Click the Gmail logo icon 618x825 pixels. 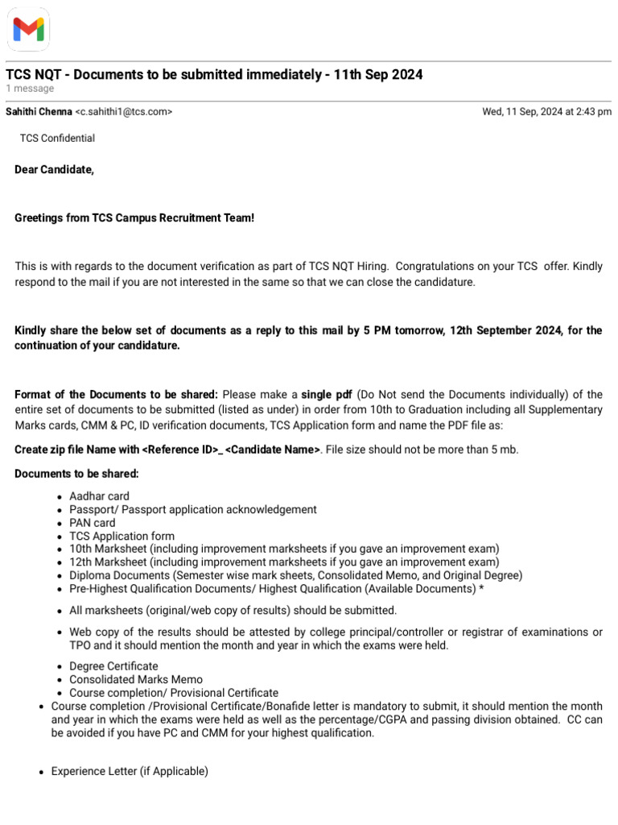click(x=29, y=30)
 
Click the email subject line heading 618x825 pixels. click(x=214, y=74)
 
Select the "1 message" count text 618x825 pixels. click(x=30, y=89)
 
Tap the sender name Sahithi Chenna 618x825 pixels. click(x=39, y=112)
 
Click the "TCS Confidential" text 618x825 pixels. click(x=57, y=139)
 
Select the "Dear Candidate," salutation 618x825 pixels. click(x=54, y=170)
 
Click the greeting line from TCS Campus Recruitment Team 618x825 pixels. click(x=134, y=218)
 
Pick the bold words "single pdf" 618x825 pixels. click(x=327, y=395)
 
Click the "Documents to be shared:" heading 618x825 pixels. click(x=76, y=474)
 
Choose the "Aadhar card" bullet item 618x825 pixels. click(x=99, y=496)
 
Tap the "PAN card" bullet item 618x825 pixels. click(x=92, y=523)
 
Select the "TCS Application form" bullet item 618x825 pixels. click(x=122, y=536)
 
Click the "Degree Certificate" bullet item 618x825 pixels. click(x=113, y=666)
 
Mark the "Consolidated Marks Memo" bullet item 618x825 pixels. click(x=136, y=679)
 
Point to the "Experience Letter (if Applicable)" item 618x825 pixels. click(x=130, y=771)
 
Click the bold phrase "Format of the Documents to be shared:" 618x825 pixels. click(x=116, y=395)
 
